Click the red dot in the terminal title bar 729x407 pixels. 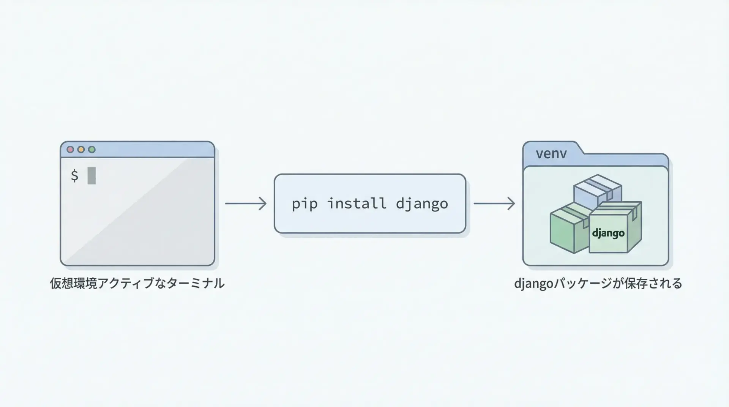coord(70,150)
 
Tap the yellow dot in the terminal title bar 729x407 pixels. coord(81,150)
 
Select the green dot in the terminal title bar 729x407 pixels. coord(92,150)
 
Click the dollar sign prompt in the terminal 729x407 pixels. coord(74,176)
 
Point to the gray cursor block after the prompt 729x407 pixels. coord(92,176)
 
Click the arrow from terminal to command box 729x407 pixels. coord(246,204)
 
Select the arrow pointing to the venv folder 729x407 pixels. coord(494,204)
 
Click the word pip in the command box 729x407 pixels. coord(305,204)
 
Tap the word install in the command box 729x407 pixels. coord(357,204)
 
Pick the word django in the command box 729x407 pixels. coord(422,204)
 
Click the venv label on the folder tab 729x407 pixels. coord(551,154)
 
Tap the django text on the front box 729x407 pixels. coord(608,233)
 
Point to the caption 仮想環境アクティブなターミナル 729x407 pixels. coord(137,284)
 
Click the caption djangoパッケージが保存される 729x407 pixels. coord(598,284)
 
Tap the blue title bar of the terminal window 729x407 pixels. coord(152,150)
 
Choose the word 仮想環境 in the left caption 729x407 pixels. coord(73,284)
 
